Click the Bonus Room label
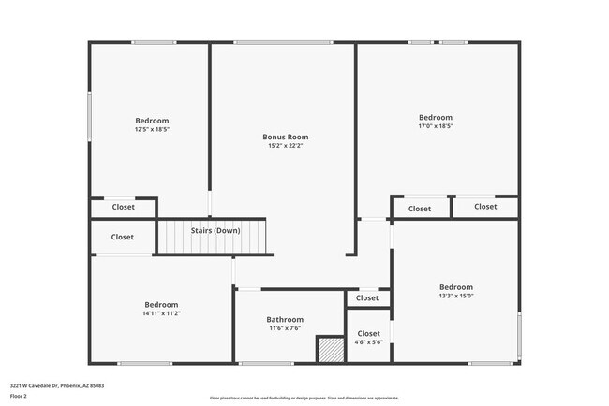point(285,137)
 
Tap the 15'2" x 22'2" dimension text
point(285,146)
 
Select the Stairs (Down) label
point(215,230)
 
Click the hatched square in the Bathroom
point(331,350)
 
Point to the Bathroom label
point(285,319)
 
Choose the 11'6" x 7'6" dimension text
point(285,328)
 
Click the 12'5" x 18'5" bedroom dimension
point(152,130)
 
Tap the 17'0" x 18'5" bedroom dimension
point(435,126)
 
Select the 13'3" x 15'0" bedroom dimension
point(456,296)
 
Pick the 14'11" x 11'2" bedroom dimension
point(161,313)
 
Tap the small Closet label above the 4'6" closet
point(367,298)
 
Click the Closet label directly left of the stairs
point(123,237)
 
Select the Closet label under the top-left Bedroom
point(123,207)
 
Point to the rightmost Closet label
point(485,207)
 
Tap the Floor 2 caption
point(20,396)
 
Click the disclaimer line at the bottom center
point(304,398)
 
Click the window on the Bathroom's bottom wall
point(266,363)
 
